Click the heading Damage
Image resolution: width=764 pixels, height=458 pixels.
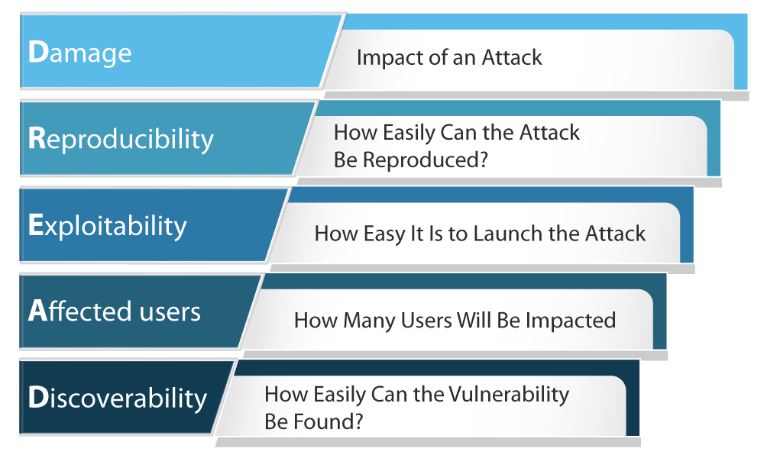79,52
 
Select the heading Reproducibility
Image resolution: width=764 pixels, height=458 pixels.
120,139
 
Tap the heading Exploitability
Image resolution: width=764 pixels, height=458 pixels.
107,226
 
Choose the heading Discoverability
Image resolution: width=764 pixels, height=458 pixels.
117,398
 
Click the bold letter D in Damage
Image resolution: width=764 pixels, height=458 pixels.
37,52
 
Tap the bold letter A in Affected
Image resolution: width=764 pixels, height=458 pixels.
37,311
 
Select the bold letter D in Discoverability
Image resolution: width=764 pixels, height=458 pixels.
37,398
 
